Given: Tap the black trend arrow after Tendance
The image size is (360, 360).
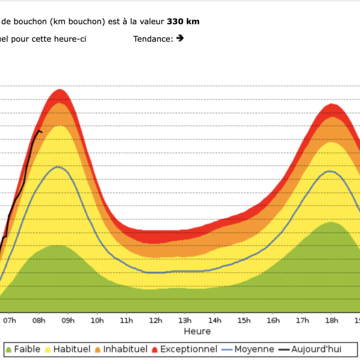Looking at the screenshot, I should (x=180, y=38).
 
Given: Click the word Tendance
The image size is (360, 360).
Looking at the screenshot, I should (x=153, y=39).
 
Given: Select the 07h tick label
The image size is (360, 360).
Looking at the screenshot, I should (x=9, y=320).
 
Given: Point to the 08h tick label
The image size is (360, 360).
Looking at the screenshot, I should (x=39, y=320).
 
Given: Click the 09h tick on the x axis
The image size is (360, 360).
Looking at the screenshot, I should (x=68, y=320).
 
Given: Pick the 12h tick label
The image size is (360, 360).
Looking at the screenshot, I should (x=156, y=320).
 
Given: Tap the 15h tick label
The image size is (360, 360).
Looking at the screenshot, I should (x=244, y=320).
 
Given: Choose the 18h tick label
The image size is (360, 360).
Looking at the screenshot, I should (x=332, y=320).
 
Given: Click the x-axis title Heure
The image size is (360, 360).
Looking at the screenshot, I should (x=197, y=331).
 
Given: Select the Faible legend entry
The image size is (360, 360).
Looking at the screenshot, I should (x=23, y=349).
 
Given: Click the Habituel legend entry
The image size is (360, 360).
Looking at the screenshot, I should (x=69, y=349).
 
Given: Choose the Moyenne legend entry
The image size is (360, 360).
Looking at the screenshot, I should (x=248, y=349).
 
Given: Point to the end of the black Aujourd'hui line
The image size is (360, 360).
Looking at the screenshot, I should (x=42, y=132).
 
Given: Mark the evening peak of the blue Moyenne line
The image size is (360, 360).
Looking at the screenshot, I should (x=331, y=171).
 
